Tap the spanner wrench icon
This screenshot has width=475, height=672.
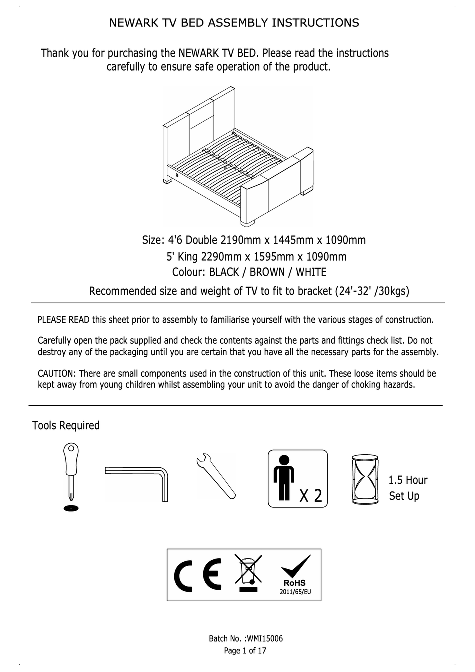215,475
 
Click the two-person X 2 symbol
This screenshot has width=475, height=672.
298,479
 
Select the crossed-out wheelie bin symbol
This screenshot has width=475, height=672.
248,574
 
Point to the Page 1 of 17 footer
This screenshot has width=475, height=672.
245,650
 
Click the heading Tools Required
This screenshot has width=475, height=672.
66,425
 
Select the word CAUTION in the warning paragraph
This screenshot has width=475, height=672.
56,374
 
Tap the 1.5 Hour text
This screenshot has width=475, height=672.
408,480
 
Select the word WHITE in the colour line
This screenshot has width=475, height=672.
311,272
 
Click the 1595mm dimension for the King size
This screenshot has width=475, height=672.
274,257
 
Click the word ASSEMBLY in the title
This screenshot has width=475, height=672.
237,23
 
